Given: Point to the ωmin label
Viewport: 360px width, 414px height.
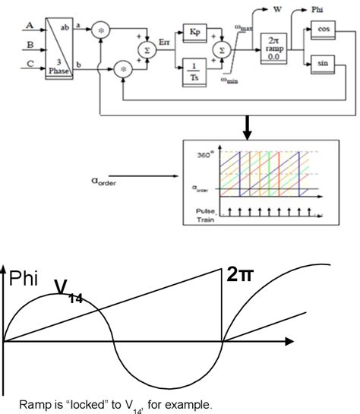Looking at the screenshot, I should (232, 78).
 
